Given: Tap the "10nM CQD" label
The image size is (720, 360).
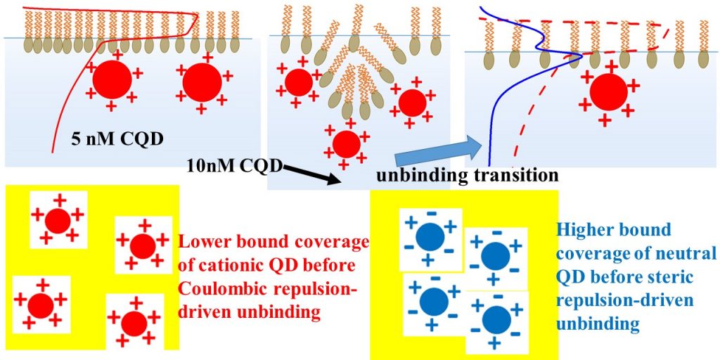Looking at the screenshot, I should [x=235, y=166].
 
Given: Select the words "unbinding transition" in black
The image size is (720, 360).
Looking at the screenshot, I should [x=467, y=175].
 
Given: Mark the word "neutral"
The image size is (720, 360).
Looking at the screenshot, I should [x=686, y=253].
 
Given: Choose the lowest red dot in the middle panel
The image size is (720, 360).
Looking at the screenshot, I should [x=346, y=144].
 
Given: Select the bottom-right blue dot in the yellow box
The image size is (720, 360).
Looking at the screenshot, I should [x=496, y=320].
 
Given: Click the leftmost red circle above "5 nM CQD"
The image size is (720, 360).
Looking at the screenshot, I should [x=112, y=81].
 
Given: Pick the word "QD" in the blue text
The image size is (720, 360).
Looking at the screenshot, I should [x=569, y=277].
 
